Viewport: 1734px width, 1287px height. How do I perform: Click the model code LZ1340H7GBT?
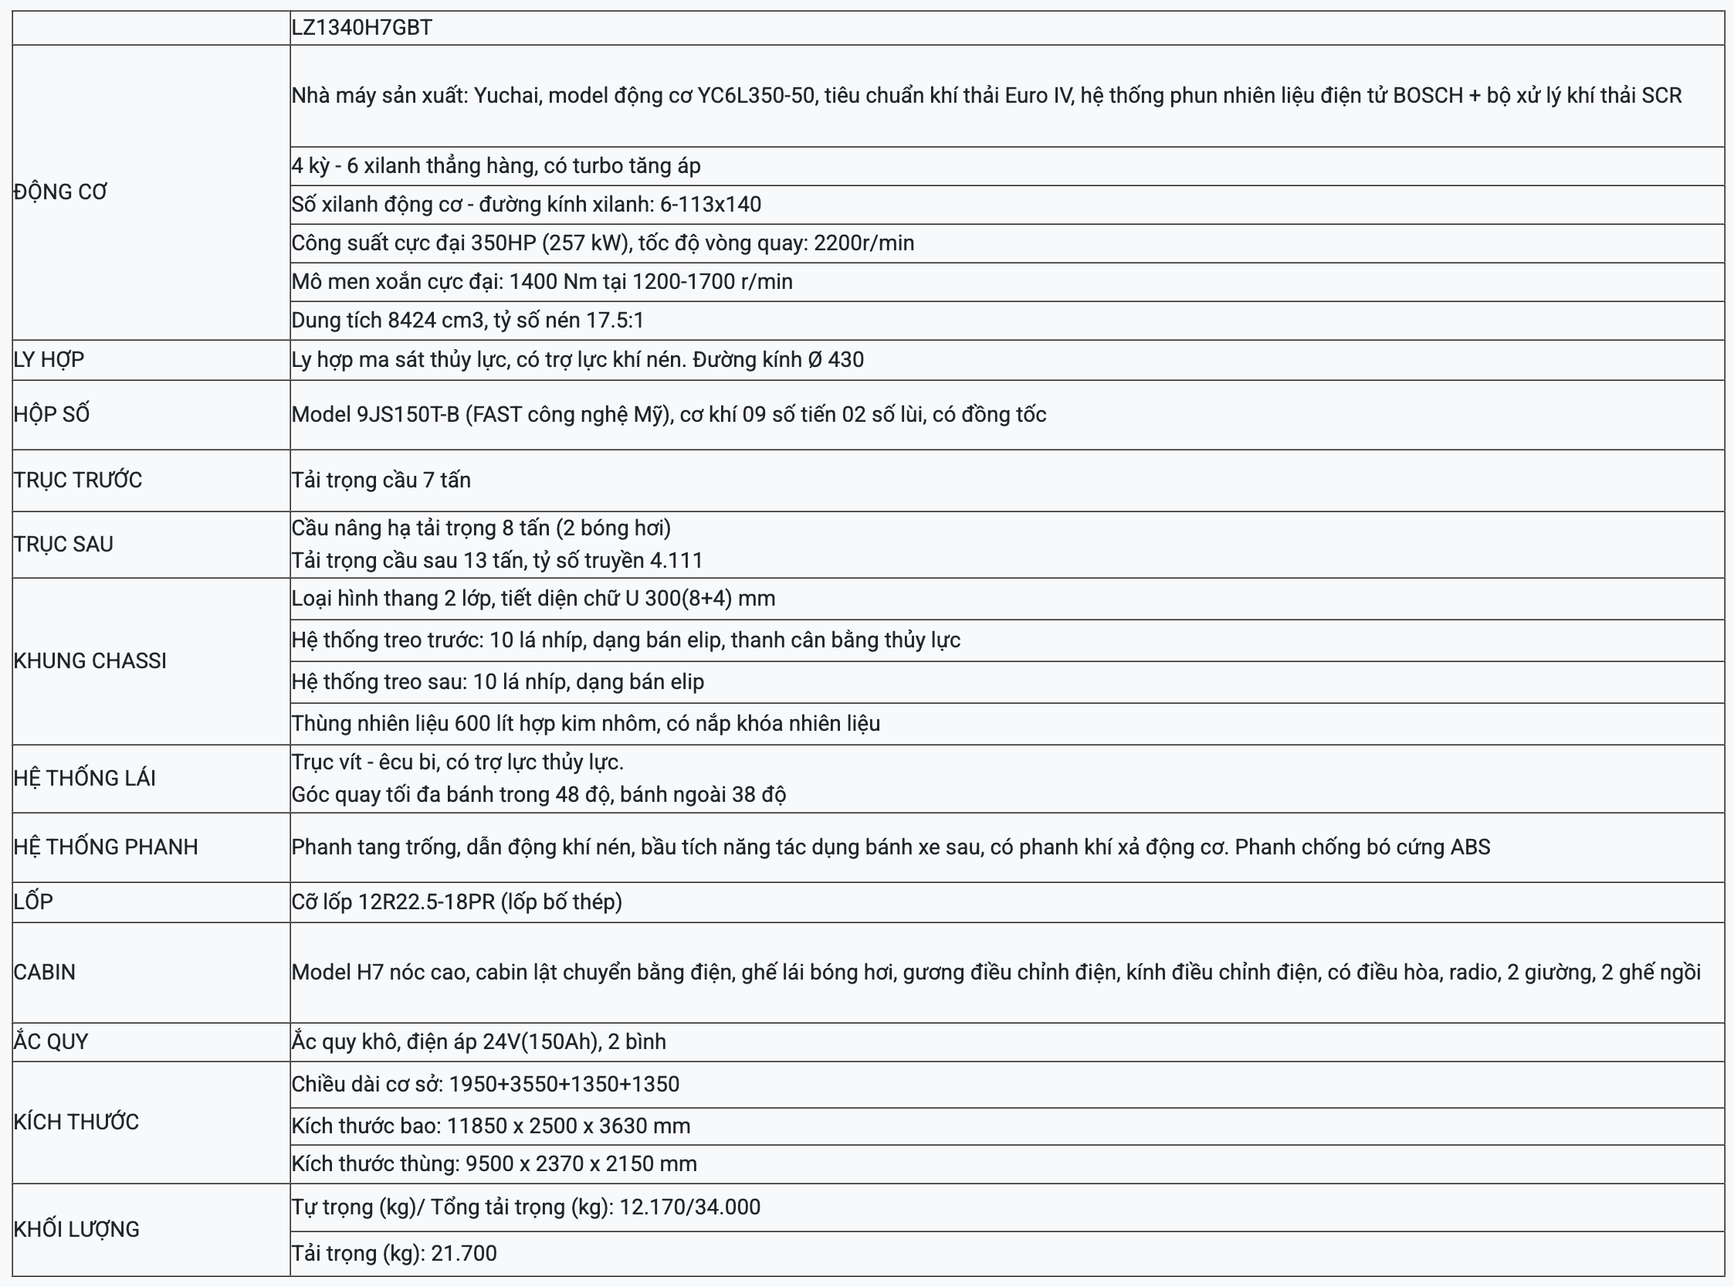[361, 28]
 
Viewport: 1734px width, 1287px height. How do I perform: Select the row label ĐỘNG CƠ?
[60, 192]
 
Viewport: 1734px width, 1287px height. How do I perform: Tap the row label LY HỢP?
[49, 359]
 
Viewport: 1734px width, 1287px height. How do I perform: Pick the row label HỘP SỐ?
[52, 414]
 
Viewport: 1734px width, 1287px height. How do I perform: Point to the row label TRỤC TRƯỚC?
[78, 480]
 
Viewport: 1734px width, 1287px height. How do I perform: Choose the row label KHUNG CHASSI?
[90, 660]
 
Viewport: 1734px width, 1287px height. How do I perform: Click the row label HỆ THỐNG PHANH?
[105, 847]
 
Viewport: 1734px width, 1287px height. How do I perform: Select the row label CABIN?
[44, 973]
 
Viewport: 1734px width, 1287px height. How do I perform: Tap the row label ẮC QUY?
[51, 1041]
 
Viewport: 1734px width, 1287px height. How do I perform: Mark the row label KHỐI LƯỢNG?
[76, 1229]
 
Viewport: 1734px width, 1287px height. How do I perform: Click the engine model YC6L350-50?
[757, 96]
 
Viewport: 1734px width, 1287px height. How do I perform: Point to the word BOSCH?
[1428, 96]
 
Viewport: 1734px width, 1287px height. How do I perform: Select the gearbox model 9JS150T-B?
[408, 415]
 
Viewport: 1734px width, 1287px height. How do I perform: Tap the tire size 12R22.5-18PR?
[427, 902]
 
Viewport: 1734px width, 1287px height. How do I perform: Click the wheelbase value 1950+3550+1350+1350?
[564, 1085]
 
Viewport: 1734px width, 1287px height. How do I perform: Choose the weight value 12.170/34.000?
[689, 1207]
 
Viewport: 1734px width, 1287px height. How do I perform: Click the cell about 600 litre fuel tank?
[585, 724]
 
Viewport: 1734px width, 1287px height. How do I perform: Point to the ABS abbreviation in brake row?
[1470, 847]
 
